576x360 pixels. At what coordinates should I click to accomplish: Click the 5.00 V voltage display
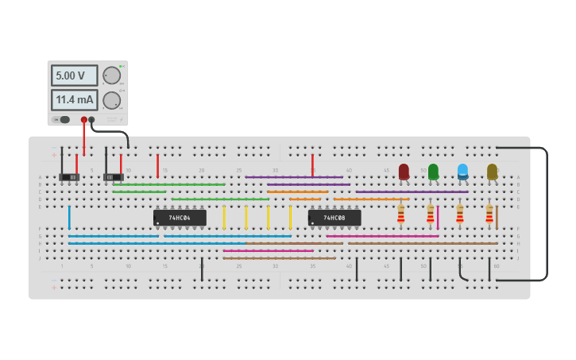pyautogui.click(x=74, y=75)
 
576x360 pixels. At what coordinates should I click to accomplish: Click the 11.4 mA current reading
pyautogui.click(x=74, y=100)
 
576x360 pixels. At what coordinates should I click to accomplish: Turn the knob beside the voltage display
pyautogui.click(x=112, y=75)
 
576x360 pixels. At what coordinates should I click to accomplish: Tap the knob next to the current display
pyautogui.click(x=112, y=100)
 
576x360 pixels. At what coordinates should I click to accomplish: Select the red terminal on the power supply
pyautogui.click(x=83, y=120)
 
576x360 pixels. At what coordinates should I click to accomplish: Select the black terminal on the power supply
pyautogui.click(x=91, y=120)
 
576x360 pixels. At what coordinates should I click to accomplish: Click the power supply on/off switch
pyautogui.click(x=62, y=120)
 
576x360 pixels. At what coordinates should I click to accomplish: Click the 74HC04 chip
pyautogui.click(x=180, y=217)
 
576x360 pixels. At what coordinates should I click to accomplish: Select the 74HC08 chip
pyautogui.click(x=334, y=217)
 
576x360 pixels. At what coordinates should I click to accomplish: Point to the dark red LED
pyautogui.click(x=404, y=170)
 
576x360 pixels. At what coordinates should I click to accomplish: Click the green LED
pyautogui.click(x=433, y=170)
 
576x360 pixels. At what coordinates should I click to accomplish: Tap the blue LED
pyautogui.click(x=462, y=170)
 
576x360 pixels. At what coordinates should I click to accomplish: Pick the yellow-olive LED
pyautogui.click(x=492, y=170)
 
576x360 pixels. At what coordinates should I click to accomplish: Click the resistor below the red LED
pyautogui.click(x=401, y=214)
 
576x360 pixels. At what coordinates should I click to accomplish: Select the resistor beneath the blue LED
pyautogui.click(x=460, y=214)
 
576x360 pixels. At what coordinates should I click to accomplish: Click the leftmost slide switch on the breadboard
pyautogui.click(x=69, y=176)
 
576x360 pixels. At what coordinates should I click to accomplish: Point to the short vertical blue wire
pyautogui.click(x=69, y=217)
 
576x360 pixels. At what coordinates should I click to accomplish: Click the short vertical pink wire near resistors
pyautogui.click(x=438, y=217)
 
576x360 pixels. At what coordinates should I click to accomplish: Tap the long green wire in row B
pyautogui.click(x=168, y=184)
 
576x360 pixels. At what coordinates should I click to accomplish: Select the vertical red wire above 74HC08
pyautogui.click(x=312, y=165)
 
